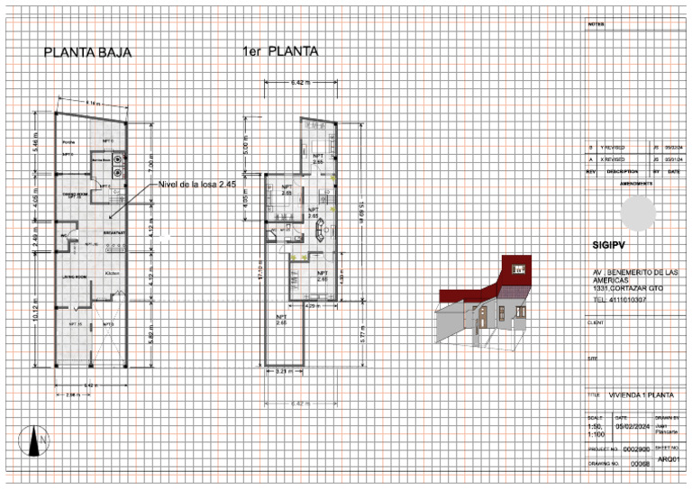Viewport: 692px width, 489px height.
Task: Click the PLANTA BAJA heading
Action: (88, 53)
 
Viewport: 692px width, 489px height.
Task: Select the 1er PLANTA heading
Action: (280, 52)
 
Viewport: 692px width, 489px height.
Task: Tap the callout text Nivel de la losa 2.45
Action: (197, 184)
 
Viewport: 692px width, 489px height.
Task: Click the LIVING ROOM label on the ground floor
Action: (74, 276)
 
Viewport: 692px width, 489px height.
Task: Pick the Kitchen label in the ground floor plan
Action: (112, 272)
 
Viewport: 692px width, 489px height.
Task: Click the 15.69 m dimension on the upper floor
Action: (362, 213)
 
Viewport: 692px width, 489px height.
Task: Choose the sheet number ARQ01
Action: (668, 459)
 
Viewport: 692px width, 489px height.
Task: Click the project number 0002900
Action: (636, 448)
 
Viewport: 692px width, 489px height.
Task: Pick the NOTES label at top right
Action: (595, 24)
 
